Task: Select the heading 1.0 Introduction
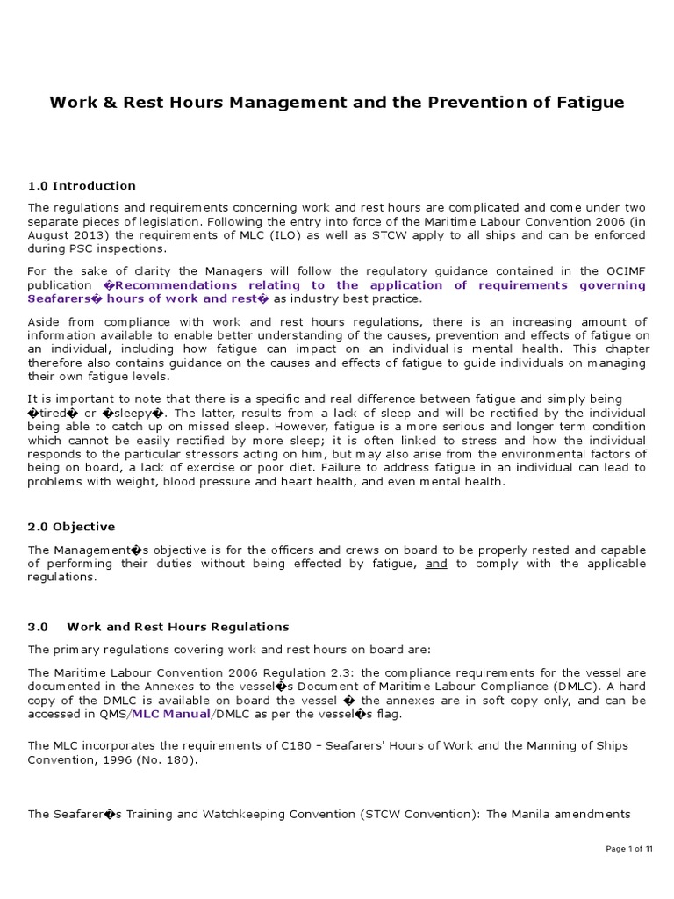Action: click(82, 185)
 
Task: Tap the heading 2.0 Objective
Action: click(71, 527)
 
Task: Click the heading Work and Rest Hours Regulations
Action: click(178, 627)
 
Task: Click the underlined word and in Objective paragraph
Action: click(436, 564)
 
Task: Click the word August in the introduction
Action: click(49, 236)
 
